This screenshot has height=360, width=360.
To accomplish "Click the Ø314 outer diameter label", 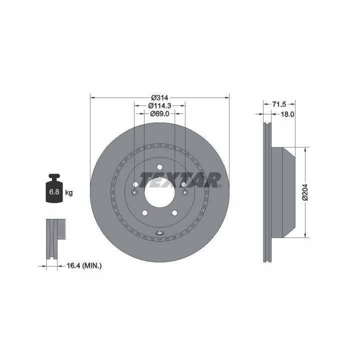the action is tap(159, 97).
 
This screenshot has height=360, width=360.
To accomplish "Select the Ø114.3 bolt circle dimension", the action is tap(159, 105).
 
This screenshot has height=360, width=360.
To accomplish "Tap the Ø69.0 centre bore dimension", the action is tap(159, 113).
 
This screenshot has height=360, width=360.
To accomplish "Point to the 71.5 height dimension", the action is tap(279, 104).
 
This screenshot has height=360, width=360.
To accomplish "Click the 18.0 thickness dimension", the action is tap(287, 114).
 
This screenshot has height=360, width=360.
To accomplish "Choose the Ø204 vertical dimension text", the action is tap(305, 192).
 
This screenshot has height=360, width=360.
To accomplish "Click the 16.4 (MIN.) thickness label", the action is tap(84, 266).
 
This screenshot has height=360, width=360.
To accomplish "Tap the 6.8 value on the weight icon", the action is tap(54, 191).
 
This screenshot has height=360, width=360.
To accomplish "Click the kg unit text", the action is tap(69, 192).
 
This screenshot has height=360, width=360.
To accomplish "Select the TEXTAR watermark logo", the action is tap(180, 180).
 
